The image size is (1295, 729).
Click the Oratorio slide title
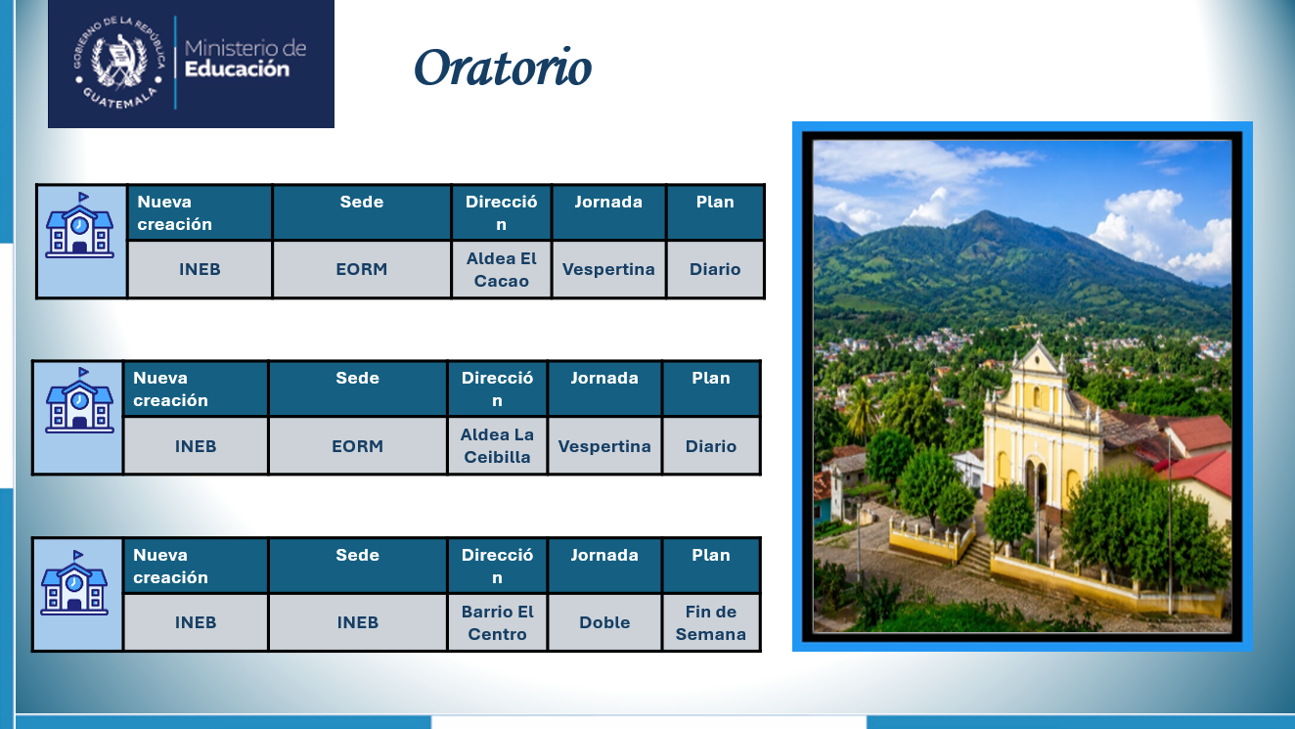coord(503,67)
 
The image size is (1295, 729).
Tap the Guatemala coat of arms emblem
coord(119,63)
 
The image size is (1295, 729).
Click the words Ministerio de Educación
coord(246,59)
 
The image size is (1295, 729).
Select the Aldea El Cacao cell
coord(501,270)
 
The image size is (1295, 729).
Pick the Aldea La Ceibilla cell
coord(497,446)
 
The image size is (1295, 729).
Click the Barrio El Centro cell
coord(497,622)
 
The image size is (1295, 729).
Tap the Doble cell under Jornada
coord(604,622)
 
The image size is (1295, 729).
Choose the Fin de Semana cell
coord(711,622)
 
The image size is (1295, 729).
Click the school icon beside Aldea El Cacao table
coord(80,225)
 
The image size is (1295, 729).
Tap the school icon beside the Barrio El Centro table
coord(74,582)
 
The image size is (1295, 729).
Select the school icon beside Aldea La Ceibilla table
coord(80,400)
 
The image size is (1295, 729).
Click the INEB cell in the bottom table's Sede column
coord(358,622)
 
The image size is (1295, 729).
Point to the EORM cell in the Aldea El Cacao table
coord(362,270)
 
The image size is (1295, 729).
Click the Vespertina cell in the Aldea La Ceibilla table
coord(604,446)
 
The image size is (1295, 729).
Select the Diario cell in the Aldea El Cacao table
coord(715,270)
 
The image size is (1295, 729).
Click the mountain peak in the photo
coord(985,213)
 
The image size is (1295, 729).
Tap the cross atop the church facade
coord(1039,339)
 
